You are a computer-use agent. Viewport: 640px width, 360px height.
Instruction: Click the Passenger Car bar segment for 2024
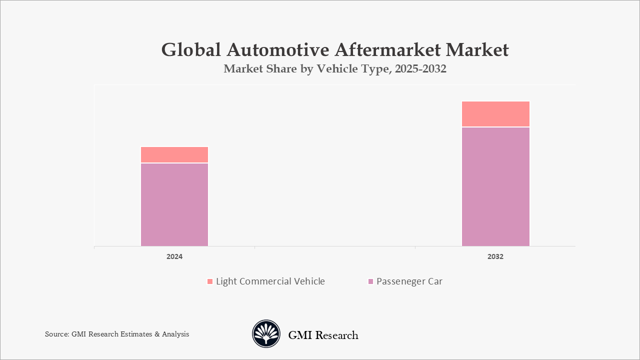pyautogui.click(x=174, y=204)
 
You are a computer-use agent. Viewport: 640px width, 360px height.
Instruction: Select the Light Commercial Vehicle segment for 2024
pyautogui.click(x=174, y=154)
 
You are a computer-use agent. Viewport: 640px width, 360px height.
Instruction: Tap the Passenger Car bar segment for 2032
pyautogui.click(x=495, y=186)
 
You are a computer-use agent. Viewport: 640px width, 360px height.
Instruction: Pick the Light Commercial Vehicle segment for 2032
pyautogui.click(x=495, y=114)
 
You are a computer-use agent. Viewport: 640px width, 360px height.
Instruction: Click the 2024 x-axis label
pyautogui.click(x=174, y=256)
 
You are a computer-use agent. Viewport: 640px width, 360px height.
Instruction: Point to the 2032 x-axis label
pyautogui.click(x=495, y=256)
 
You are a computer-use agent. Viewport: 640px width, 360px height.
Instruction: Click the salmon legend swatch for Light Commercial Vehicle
pyautogui.click(x=210, y=282)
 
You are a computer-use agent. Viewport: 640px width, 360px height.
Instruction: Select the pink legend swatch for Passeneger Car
pyautogui.click(x=370, y=282)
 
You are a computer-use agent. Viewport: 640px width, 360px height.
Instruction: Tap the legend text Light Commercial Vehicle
pyautogui.click(x=270, y=281)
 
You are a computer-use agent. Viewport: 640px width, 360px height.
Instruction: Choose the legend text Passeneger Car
pyautogui.click(x=409, y=281)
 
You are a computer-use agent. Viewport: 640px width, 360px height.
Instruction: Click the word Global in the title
pyautogui.click(x=190, y=50)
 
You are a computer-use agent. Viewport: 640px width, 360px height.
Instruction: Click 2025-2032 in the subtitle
pyautogui.click(x=420, y=69)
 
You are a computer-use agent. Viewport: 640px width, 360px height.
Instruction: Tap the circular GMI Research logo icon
pyautogui.click(x=266, y=334)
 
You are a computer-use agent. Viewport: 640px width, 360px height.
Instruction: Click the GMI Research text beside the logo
pyautogui.click(x=323, y=335)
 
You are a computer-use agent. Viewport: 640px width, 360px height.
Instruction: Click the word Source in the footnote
pyautogui.click(x=56, y=334)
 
